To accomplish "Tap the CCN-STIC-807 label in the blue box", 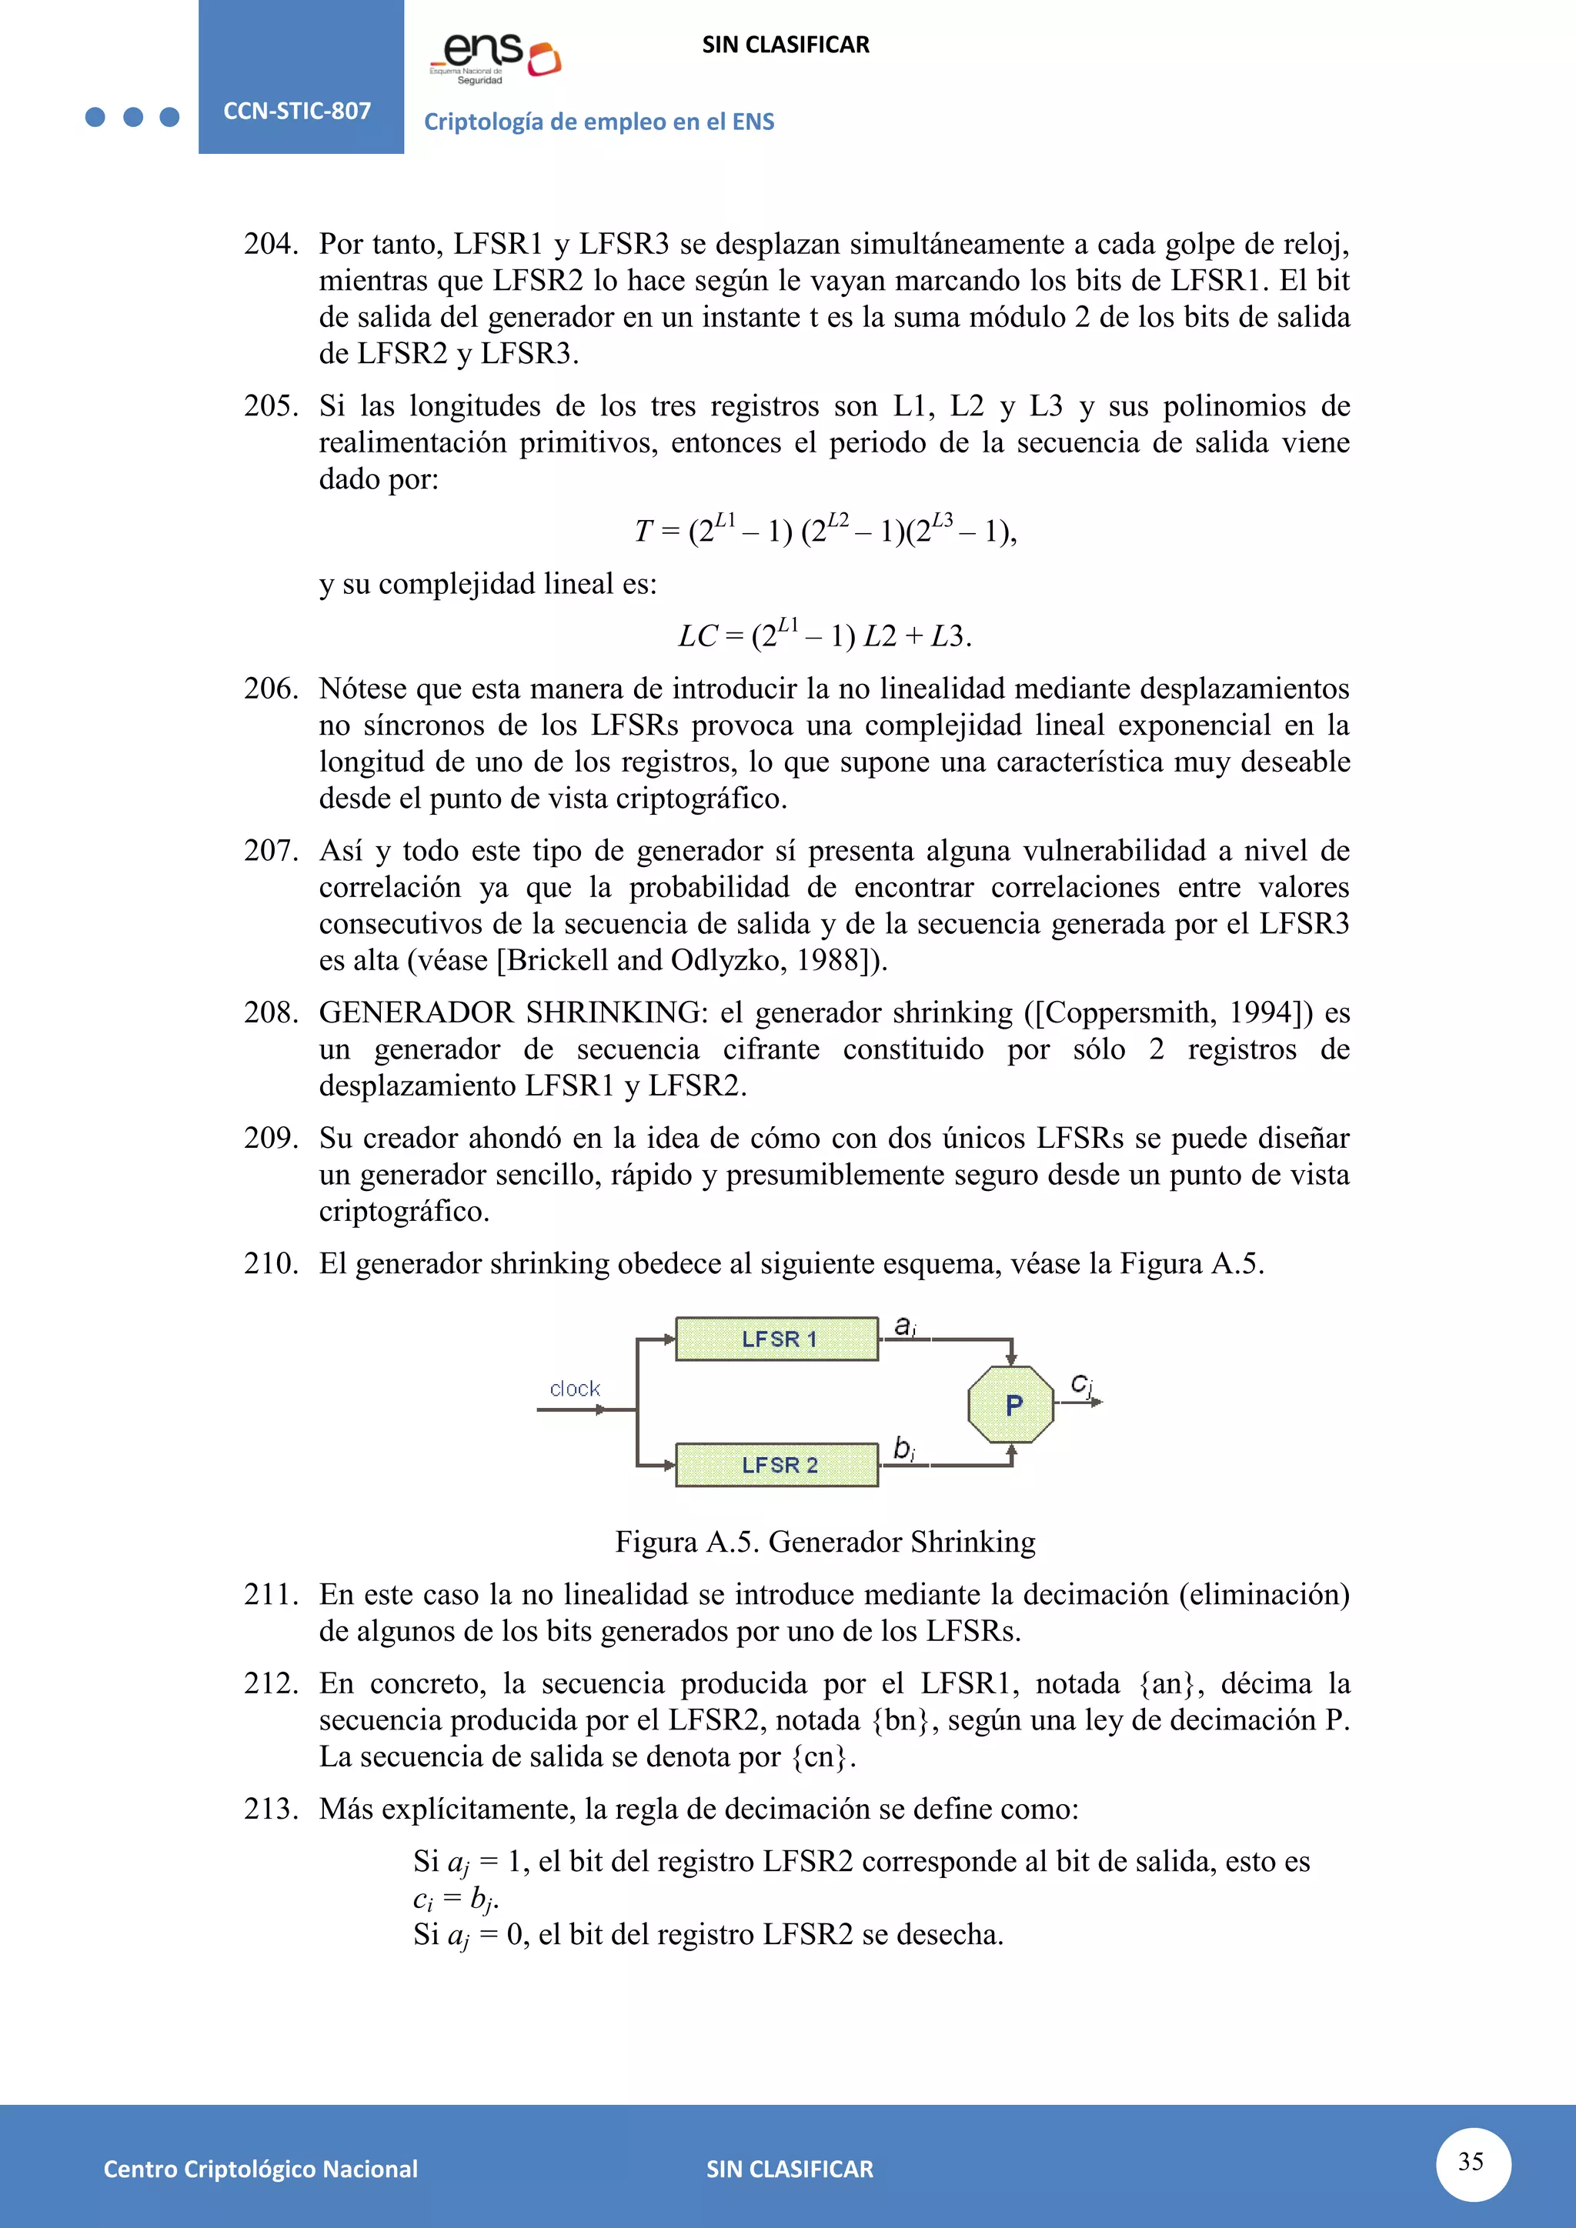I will click(x=297, y=111).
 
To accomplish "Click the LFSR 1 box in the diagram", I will click(x=777, y=1339).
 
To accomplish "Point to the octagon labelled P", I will click(x=1011, y=1405).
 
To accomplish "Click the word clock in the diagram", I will click(x=575, y=1389).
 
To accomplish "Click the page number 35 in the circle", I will click(x=1471, y=2161).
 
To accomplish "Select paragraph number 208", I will click(x=271, y=1012).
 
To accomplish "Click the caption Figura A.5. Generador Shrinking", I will click(x=825, y=1542).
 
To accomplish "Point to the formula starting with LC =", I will click(x=825, y=635).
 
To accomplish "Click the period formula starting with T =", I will click(x=825, y=531).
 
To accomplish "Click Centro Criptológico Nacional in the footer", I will click(x=260, y=2169).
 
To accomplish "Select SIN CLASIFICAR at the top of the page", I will click(x=785, y=45).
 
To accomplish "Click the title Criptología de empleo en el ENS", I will click(x=599, y=122).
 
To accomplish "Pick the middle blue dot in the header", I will click(x=133, y=118).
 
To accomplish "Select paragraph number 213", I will click(x=271, y=1809).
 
